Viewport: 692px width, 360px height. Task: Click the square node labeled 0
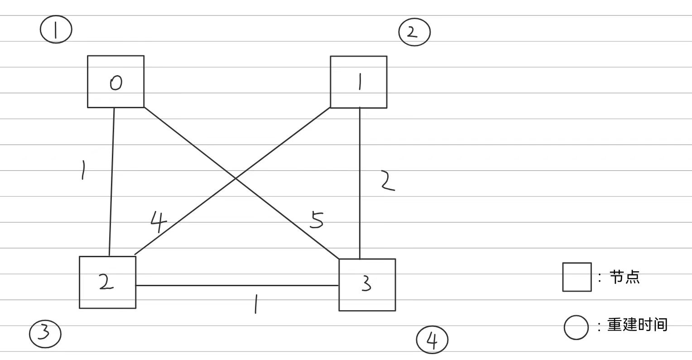click(115, 82)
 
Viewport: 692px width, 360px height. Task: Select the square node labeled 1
click(358, 82)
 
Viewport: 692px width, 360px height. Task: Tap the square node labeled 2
click(107, 282)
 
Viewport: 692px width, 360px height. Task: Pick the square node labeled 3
click(367, 284)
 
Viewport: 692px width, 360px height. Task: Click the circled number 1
click(56, 30)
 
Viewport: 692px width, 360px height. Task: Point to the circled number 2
click(414, 32)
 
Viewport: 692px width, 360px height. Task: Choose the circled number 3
click(45, 334)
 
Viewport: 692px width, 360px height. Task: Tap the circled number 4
click(432, 340)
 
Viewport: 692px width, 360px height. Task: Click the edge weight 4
click(158, 222)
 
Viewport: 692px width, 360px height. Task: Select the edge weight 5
click(317, 220)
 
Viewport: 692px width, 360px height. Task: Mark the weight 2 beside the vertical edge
click(387, 181)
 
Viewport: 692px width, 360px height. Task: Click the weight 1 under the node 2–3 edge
click(256, 303)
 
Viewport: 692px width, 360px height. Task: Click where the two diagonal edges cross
click(235, 178)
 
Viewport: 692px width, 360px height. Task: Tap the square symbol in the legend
click(577, 277)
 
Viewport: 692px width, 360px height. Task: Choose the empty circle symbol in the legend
click(576, 327)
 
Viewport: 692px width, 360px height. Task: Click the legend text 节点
click(625, 277)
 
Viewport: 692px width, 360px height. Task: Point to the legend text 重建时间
click(637, 325)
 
